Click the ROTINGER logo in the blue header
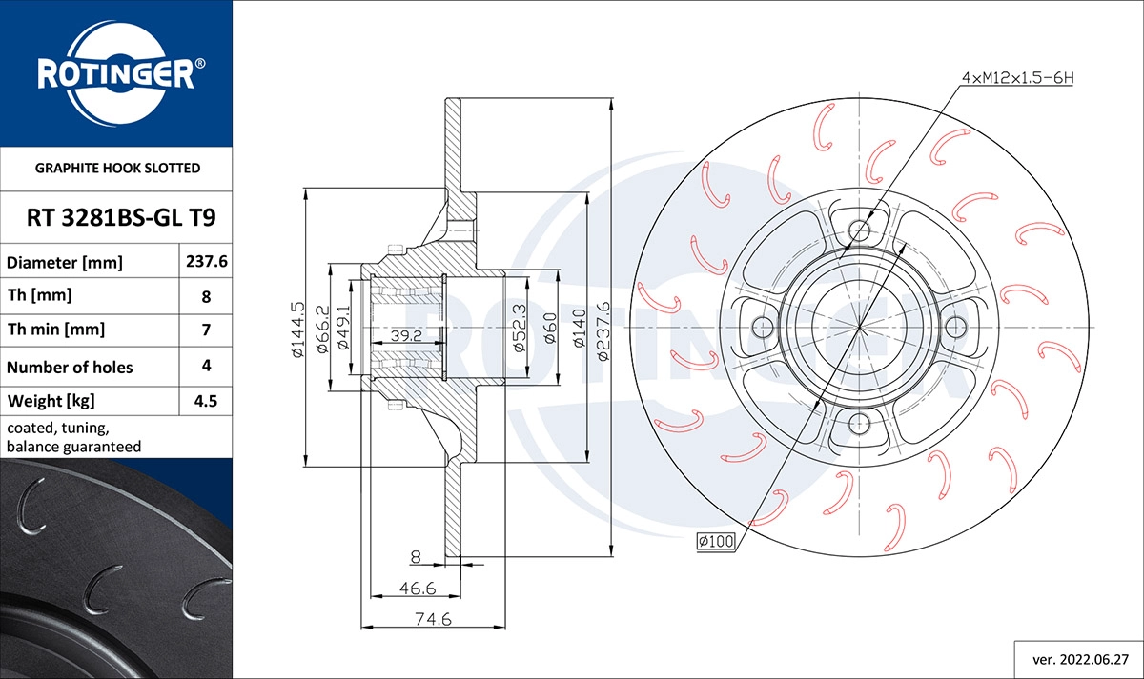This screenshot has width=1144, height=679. point(115,72)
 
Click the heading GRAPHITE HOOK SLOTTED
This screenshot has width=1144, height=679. point(117,169)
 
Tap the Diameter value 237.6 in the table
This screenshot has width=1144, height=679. point(206,262)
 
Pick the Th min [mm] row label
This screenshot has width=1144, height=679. point(56,330)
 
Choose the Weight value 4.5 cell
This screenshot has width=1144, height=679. point(206,401)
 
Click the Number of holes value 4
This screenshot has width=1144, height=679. point(206,365)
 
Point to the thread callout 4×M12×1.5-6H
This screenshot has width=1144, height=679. point(1016,77)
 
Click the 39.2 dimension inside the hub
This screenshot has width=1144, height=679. point(406,335)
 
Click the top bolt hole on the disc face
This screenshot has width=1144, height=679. point(859,230)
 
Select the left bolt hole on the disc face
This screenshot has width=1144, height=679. point(762,327)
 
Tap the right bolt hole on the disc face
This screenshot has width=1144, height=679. point(955,327)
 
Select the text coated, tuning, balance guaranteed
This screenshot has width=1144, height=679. point(74,437)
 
